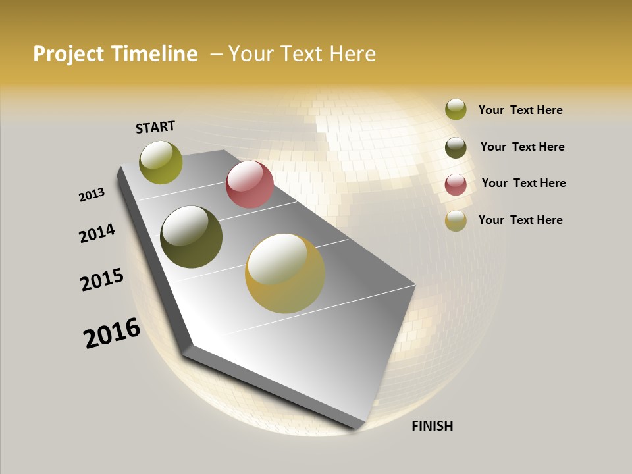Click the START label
pyautogui.click(x=155, y=127)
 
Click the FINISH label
pyautogui.click(x=432, y=426)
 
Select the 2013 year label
pyautogui.click(x=92, y=195)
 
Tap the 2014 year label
pyautogui.click(x=97, y=233)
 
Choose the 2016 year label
pyautogui.click(x=112, y=333)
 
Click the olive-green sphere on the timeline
pyautogui.click(x=161, y=162)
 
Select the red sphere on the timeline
pyautogui.click(x=250, y=184)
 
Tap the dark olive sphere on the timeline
pyautogui.click(x=191, y=237)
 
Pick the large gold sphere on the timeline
pyautogui.click(x=285, y=273)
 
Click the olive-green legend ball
pyautogui.click(x=456, y=110)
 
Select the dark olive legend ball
pyautogui.click(x=456, y=147)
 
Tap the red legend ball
pyautogui.click(x=456, y=184)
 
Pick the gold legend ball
pyautogui.click(x=456, y=221)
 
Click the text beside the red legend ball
pyautogui.click(x=523, y=183)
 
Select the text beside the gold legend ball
pyautogui.click(x=520, y=220)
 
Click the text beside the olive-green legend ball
pyautogui.click(x=520, y=110)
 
